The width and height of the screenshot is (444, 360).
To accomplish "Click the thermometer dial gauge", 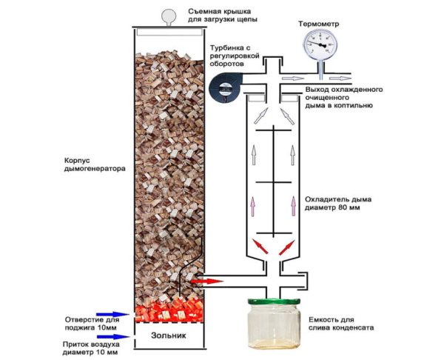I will coord(320,46).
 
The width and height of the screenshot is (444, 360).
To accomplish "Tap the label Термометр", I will coord(318,23).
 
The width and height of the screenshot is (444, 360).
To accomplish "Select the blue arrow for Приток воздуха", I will coord(118,336).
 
